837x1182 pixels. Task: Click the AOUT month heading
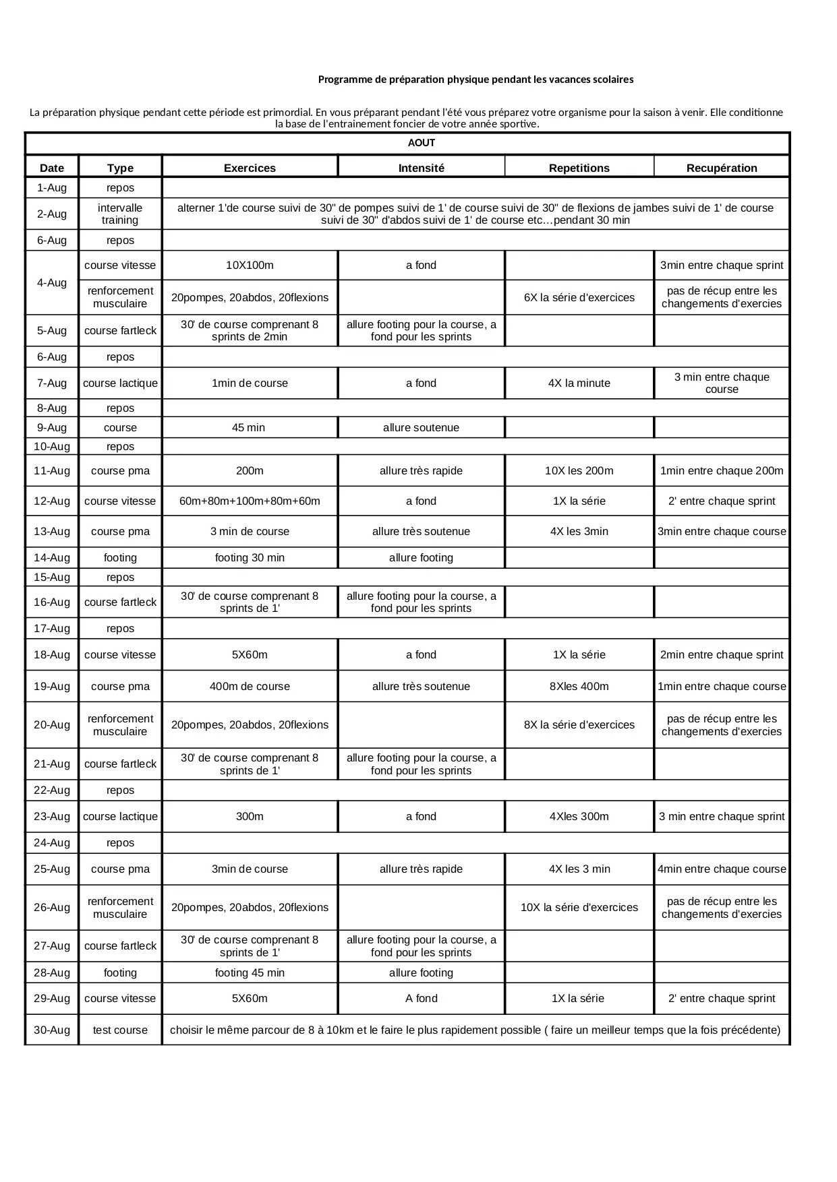click(421, 143)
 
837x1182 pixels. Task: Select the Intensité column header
click(421, 168)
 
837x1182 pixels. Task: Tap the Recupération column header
click(721, 168)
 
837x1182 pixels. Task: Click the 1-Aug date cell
click(52, 188)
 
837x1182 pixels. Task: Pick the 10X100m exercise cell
click(250, 266)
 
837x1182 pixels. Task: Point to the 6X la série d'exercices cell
click(579, 297)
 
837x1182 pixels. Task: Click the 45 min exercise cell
click(249, 427)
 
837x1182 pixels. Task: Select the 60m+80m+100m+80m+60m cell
click(250, 501)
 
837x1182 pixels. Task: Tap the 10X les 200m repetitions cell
click(579, 470)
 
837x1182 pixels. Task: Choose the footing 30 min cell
click(250, 557)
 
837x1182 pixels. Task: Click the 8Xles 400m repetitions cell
click(579, 686)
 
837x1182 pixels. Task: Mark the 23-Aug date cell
click(52, 816)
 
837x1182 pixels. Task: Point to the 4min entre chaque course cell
click(721, 869)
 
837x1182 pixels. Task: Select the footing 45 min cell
click(250, 972)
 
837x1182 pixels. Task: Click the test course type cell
click(120, 1030)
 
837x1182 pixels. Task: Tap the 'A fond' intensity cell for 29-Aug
click(421, 998)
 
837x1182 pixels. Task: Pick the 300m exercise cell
click(250, 816)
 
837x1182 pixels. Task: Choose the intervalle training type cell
click(120, 214)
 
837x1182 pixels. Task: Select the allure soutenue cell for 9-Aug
click(421, 427)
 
